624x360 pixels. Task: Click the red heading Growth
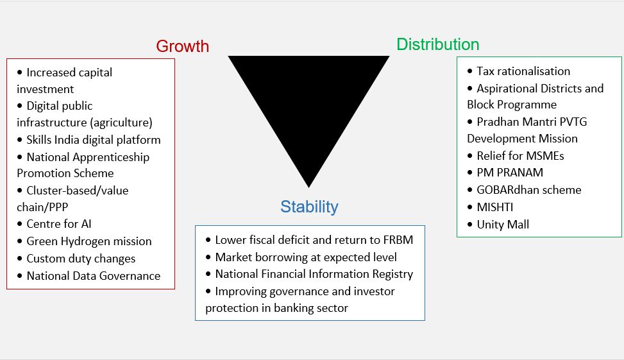point(182,46)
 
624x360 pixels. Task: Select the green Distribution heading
point(438,44)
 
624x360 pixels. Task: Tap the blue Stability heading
point(309,207)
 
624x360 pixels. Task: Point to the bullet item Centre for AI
point(59,224)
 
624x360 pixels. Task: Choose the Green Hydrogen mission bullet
point(89,241)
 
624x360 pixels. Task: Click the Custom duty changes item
point(81,259)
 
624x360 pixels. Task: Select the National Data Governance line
point(94,276)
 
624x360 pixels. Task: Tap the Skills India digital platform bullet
point(94,140)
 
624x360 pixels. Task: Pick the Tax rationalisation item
point(523,71)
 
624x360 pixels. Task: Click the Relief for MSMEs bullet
point(520,156)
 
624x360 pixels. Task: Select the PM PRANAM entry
point(510,173)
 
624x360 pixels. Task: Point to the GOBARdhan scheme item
point(529,189)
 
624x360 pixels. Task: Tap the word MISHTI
point(495,207)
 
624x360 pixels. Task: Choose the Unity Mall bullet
point(503,225)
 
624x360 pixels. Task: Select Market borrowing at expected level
point(306,257)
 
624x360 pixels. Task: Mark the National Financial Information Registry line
point(314,274)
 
